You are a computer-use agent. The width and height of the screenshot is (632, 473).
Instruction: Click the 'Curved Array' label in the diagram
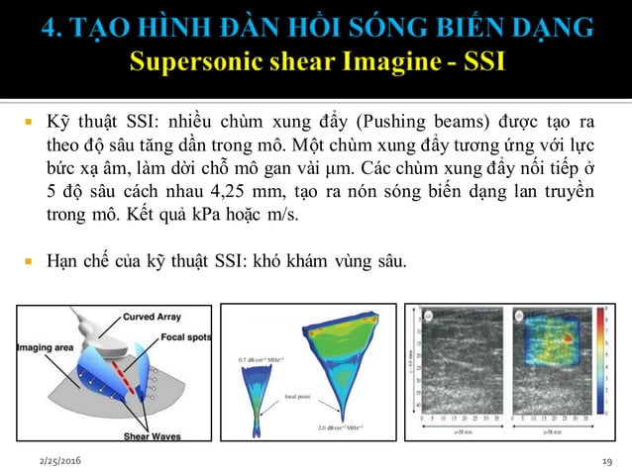(x=154, y=318)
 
